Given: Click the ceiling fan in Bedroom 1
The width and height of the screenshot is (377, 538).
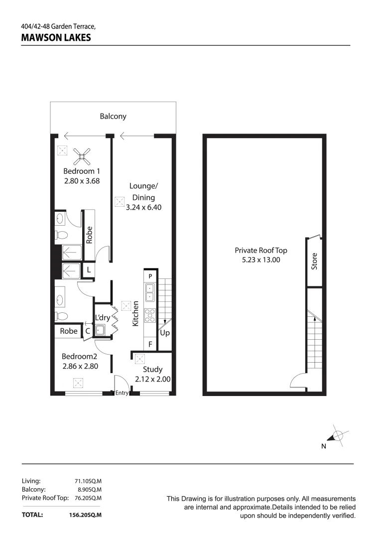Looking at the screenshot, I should coord(82,157).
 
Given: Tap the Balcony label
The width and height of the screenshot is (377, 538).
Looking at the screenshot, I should coord(113,116).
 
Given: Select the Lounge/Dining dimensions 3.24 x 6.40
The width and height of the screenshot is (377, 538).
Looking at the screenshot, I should coord(143,207).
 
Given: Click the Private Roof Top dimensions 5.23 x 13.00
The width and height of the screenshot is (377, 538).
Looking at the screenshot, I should coord(261,260).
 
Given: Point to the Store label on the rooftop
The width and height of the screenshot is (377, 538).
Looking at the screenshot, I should coord(314,261).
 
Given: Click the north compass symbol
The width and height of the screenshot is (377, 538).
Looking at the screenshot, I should coord(337,436).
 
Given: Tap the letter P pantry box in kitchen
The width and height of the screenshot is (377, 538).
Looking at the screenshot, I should coord(150,275).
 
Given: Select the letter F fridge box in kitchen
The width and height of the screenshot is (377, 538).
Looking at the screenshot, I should coord(150,344).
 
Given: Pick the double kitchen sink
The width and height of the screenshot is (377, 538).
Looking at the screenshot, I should coord(150,292).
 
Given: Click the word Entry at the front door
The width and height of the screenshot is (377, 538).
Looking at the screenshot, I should coord(122,393).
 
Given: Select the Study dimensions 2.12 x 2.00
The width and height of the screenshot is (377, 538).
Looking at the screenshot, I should coord(153,379).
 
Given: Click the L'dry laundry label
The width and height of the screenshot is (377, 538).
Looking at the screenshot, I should coord(103,317).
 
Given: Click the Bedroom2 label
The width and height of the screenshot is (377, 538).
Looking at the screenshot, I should coord(79,356).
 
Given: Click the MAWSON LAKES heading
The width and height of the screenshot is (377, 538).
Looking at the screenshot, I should coord(56,37).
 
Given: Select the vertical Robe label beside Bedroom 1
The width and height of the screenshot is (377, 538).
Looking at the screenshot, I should coord(90,235).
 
